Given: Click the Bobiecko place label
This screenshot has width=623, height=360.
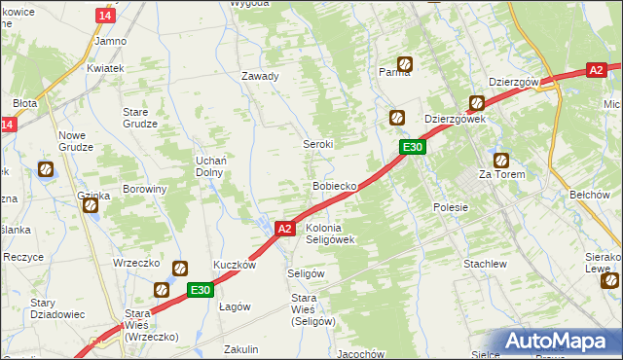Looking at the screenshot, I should point(339,185).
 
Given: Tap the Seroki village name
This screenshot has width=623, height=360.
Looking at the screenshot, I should point(317,143).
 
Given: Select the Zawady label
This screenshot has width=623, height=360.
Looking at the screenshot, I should point(260,76).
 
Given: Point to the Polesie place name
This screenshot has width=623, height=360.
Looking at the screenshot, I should point(451,207).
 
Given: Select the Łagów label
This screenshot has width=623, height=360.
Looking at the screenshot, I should point(235,306).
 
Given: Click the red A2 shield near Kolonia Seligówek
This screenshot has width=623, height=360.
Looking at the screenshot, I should point(284,228).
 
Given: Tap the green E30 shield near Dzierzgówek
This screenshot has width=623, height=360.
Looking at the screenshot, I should point(412,147).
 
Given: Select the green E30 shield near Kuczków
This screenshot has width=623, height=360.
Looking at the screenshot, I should point(201,290).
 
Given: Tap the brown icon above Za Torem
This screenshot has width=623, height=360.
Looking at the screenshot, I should point(501,160).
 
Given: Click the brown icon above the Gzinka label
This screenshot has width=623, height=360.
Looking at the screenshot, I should point(91,205).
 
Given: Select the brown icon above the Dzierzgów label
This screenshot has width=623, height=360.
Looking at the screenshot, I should point(477,103).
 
